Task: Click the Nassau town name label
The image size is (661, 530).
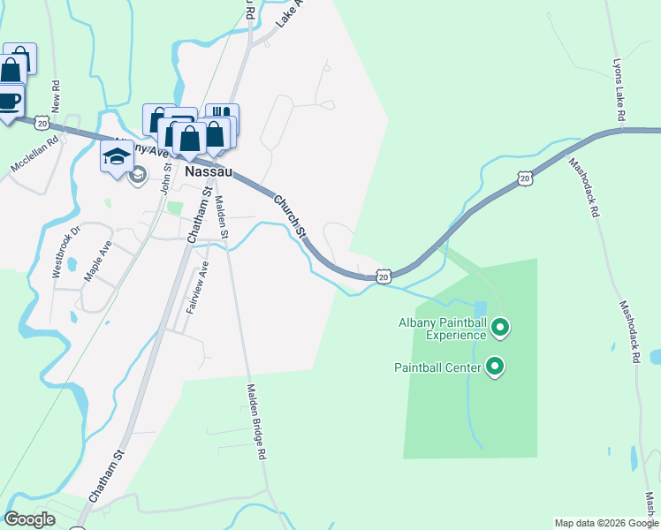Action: click(209, 171)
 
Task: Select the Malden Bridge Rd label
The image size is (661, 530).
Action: click(255, 420)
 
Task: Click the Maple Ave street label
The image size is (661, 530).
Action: click(97, 261)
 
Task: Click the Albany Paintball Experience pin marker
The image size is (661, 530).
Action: click(500, 329)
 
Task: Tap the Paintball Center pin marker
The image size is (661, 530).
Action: click(495, 366)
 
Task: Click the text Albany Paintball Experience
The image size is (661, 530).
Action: click(442, 329)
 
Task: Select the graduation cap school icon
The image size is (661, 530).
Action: click(117, 156)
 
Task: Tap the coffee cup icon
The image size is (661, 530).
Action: click(8, 99)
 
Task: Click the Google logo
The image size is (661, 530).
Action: click(30, 519)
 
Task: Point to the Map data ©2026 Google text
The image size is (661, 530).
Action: click(605, 523)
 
